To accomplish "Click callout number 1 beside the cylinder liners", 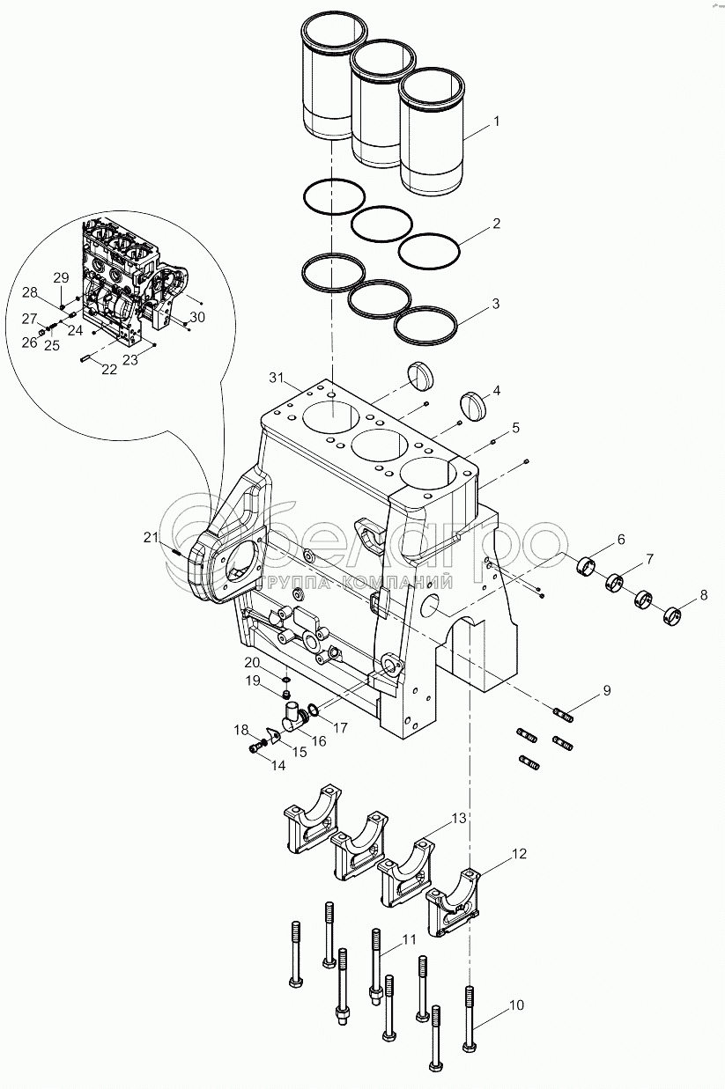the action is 496,121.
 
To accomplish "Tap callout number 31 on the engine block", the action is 276,377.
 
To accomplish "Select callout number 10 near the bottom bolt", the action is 516,1004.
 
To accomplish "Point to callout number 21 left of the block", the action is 151,537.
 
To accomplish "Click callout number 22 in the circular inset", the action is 109,370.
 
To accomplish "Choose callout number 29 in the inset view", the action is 62,278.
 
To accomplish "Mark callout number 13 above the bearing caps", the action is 458,818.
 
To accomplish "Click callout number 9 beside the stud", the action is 607,690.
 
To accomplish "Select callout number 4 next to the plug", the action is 496,390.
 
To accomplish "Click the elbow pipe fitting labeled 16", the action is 294,717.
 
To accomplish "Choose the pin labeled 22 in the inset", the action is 85,359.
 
